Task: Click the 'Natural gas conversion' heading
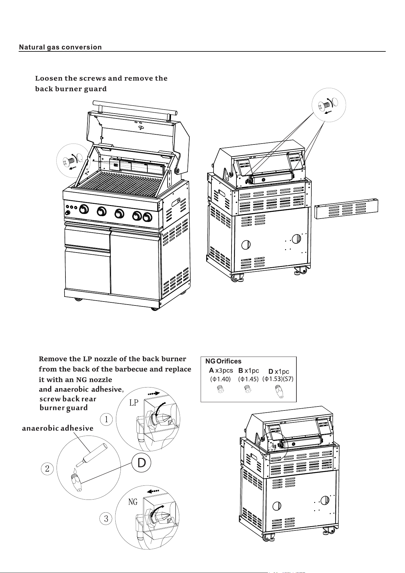60,47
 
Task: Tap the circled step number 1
106,419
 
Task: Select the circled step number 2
47,468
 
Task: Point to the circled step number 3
106,519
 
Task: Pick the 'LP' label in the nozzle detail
134,403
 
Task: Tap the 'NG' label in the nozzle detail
133,502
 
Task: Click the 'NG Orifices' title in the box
223,361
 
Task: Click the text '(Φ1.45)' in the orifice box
248,379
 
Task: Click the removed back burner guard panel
346,209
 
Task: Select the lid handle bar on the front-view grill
135,107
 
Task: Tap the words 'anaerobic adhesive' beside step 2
58,428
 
